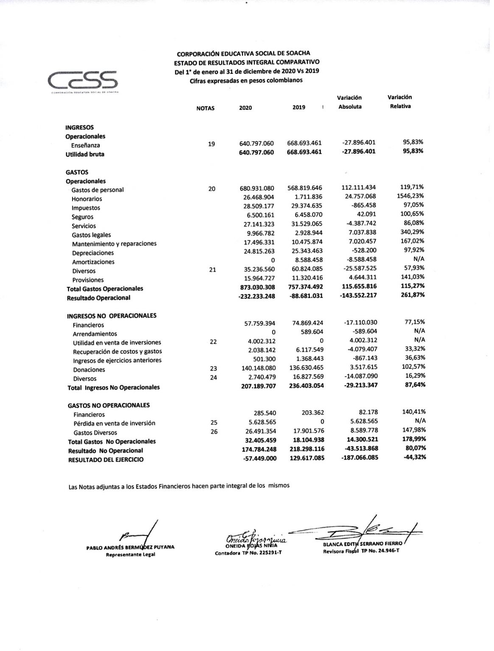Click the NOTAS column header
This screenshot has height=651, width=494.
[x=205, y=108]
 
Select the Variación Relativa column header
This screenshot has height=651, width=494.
[x=400, y=102]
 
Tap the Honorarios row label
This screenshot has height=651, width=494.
[x=87, y=199]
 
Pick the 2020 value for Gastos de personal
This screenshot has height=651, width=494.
[x=257, y=188]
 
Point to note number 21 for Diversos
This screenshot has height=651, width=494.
[x=212, y=270]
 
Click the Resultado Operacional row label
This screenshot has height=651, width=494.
[x=98, y=298]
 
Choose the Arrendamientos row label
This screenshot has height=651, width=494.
[x=95, y=334]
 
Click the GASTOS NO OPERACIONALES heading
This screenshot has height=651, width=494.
[x=109, y=405]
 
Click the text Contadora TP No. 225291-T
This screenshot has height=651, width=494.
[x=248, y=553]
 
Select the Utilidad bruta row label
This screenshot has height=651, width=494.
[x=85, y=154]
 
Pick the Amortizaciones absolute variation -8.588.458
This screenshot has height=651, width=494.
[x=360, y=259]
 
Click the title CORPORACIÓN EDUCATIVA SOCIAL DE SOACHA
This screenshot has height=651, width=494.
[x=243, y=53]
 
